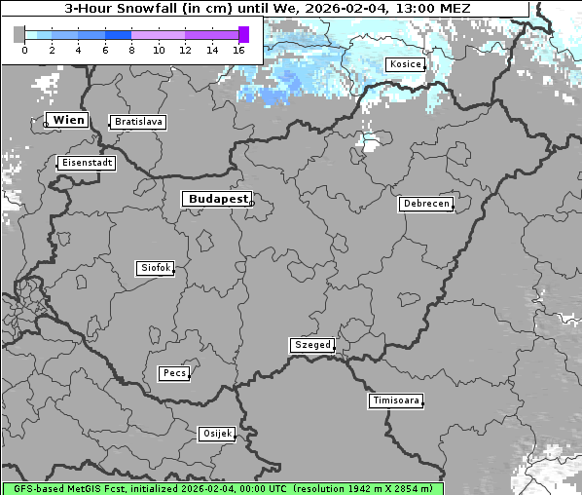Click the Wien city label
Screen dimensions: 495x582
pyautogui.click(x=68, y=120)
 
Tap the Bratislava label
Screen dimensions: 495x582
pyautogui.click(x=137, y=122)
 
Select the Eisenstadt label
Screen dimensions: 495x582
pyautogui.click(x=87, y=163)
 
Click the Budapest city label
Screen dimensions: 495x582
pyautogui.click(x=217, y=199)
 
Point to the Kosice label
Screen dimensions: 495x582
pyautogui.click(x=405, y=64)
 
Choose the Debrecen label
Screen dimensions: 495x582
pyautogui.click(x=425, y=204)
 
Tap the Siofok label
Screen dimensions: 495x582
pyautogui.click(x=155, y=268)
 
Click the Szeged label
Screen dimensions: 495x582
pyautogui.click(x=312, y=345)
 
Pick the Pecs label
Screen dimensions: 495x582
pyautogui.click(x=174, y=373)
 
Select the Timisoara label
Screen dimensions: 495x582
pyautogui.click(x=396, y=400)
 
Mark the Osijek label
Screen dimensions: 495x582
pyautogui.click(x=217, y=434)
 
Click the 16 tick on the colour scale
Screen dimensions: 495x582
pyautogui.click(x=238, y=50)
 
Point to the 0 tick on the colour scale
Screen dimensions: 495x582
pyautogui.click(x=24, y=50)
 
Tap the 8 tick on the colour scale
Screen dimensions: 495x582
pyautogui.click(x=131, y=50)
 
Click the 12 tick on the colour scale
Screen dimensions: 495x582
pyautogui.click(x=185, y=50)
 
